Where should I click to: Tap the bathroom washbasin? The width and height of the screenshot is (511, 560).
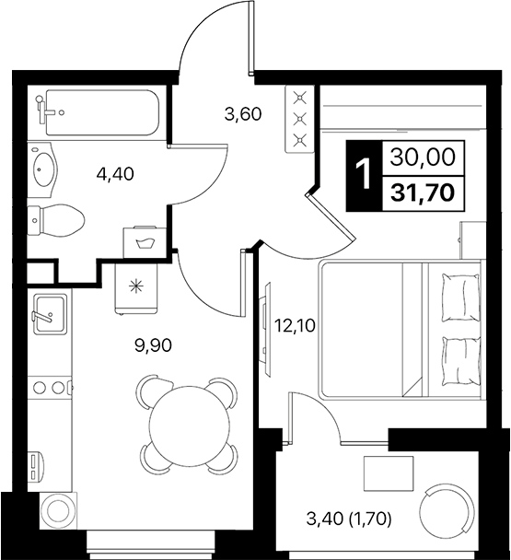click(x=43, y=169)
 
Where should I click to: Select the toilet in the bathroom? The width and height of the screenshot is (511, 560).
click(x=57, y=219)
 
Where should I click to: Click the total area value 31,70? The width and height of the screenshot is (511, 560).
click(x=424, y=192)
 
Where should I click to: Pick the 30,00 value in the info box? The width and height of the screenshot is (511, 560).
click(x=424, y=158)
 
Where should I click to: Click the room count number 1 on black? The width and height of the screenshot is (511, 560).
click(x=365, y=174)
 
